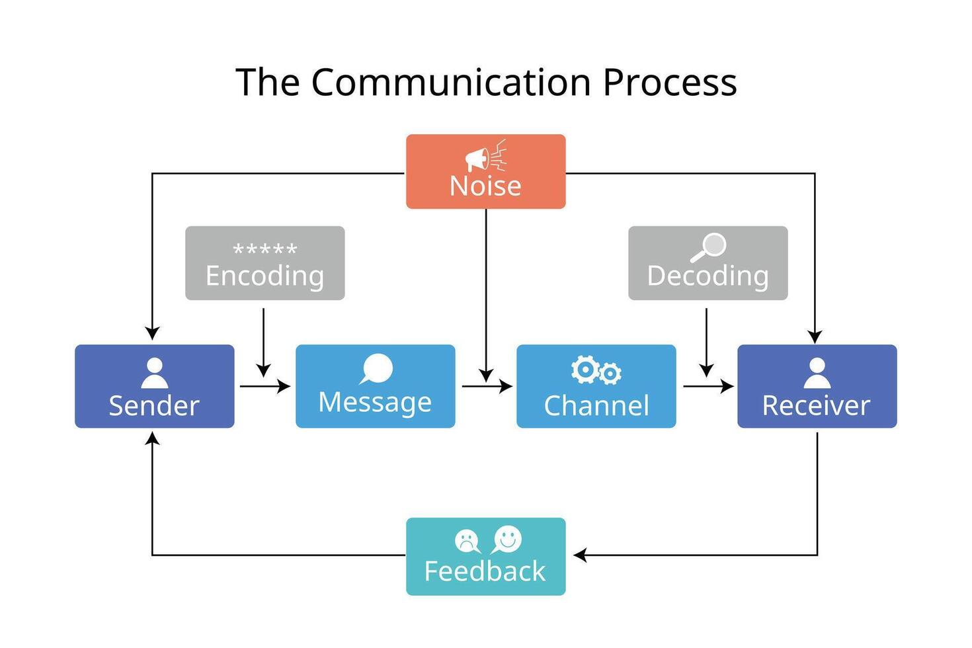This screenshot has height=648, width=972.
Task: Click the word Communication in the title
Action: click(451, 83)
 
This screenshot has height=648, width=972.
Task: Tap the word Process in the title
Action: click(669, 83)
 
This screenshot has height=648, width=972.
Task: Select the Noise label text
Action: click(485, 186)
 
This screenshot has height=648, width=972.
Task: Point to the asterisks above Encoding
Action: click(265, 250)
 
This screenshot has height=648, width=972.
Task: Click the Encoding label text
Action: click(264, 276)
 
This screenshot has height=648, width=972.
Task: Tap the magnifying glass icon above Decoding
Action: click(709, 247)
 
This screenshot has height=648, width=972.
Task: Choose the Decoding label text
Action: click(708, 276)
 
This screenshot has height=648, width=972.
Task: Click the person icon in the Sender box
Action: click(155, 373)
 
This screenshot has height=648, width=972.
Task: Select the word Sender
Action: click(154, 405)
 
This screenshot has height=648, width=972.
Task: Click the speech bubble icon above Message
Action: click(376, 369)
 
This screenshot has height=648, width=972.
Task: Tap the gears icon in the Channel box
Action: click(596, 371)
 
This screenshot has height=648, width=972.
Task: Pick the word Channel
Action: click(596, 405)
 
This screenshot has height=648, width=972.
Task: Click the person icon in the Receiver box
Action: click(817, 373)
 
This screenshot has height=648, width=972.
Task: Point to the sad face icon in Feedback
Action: click(467, 541)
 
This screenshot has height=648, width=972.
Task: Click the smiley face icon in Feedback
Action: click(507, 540)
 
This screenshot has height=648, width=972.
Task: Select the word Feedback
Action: click(485, 571)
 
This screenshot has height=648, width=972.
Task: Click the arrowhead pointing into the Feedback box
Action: click(580, 555)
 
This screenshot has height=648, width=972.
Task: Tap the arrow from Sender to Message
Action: click(264, 386)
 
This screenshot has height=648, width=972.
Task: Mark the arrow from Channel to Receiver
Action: click(708, 386)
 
